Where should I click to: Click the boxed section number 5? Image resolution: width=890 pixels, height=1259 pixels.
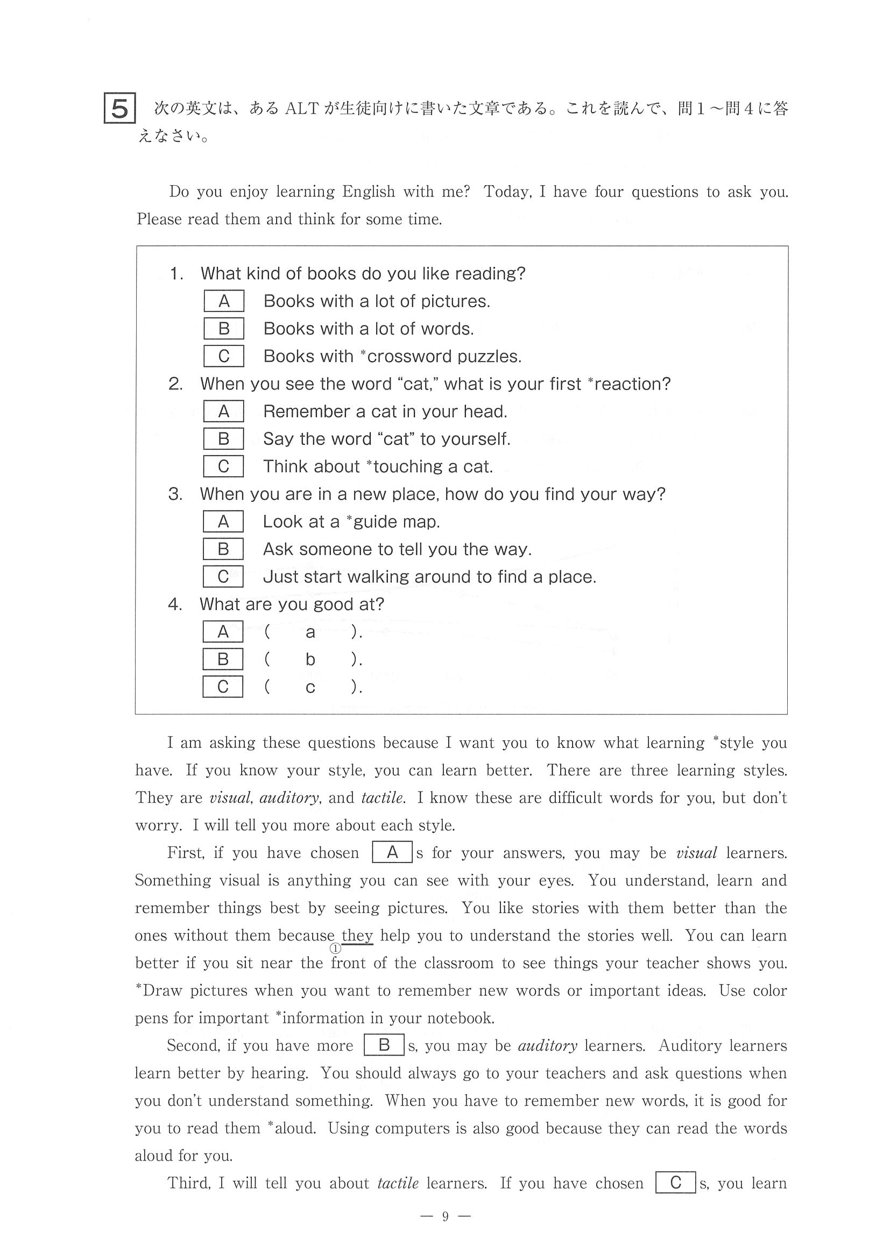pos(119,109)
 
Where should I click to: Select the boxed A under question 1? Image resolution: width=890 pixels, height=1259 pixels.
pos(224,301)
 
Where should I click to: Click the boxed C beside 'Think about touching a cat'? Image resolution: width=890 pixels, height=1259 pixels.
pos(223,466)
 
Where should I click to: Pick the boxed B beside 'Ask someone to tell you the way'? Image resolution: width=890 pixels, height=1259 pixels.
pos(223,549)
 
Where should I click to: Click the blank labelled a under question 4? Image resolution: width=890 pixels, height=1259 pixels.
pos(310,632)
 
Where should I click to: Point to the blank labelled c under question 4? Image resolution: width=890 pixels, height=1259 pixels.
pos(310,687)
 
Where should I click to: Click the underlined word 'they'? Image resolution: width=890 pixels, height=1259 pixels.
pos(357,936)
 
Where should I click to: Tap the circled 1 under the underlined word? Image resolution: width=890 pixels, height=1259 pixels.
pos(336,949)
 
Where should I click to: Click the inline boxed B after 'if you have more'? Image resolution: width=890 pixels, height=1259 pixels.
pos(384,1045)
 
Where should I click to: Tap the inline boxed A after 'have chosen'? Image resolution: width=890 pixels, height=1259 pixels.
pos(392,853)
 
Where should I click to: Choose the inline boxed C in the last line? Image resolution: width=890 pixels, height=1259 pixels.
pos(676,1183)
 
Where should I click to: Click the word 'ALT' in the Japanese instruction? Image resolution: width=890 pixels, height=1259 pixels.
pos(302,109)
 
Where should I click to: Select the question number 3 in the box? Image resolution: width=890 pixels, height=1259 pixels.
pos(175,494)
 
